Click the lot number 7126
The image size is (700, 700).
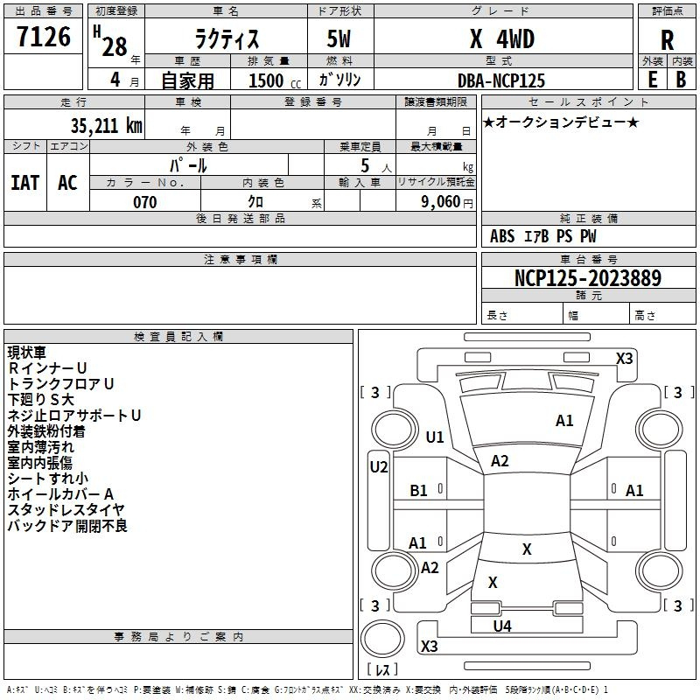44,38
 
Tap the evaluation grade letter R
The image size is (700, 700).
667,39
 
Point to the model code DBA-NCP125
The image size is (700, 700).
501,80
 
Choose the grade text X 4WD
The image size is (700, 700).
501,39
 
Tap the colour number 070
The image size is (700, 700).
144,202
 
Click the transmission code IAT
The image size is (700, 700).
24,183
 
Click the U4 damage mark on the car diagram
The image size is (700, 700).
502,626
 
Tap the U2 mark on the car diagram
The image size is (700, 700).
378,467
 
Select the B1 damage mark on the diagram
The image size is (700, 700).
419,491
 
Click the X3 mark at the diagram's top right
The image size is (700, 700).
624,358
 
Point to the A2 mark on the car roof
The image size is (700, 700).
500,461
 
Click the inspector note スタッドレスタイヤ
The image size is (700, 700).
66,509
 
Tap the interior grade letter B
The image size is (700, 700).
681,80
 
